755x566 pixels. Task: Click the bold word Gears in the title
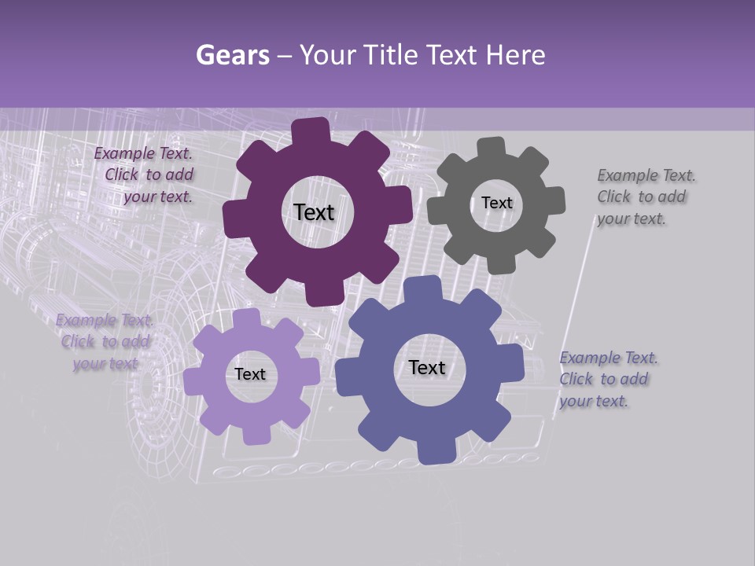point(232,55)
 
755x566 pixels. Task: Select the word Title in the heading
point(394,55)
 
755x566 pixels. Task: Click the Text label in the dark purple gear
point(314,212)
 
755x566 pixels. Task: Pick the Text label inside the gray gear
point(496,203)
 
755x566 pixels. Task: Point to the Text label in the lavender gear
point(250,374)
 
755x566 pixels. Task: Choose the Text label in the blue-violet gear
point(426,367)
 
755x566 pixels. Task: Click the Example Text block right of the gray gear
point(646,197)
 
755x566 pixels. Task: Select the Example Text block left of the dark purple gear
point(145,175)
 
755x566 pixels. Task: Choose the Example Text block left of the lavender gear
point(104,341)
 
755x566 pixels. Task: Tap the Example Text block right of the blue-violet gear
point(608,379)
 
